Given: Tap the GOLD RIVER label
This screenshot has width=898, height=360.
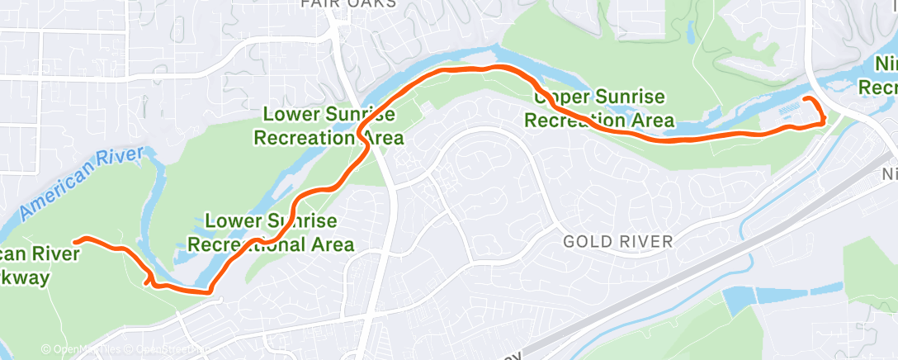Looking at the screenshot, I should click(618, 241).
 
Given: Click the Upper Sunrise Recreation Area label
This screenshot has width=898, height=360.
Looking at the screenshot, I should click(598, 108).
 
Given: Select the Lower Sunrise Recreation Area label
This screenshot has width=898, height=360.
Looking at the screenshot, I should click(333, 126).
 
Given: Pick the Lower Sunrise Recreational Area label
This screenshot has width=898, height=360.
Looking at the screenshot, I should click(271, 233).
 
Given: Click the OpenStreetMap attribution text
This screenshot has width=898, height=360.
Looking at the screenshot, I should click(169, 350).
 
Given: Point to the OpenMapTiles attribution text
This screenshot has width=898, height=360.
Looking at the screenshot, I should click(83, 350).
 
